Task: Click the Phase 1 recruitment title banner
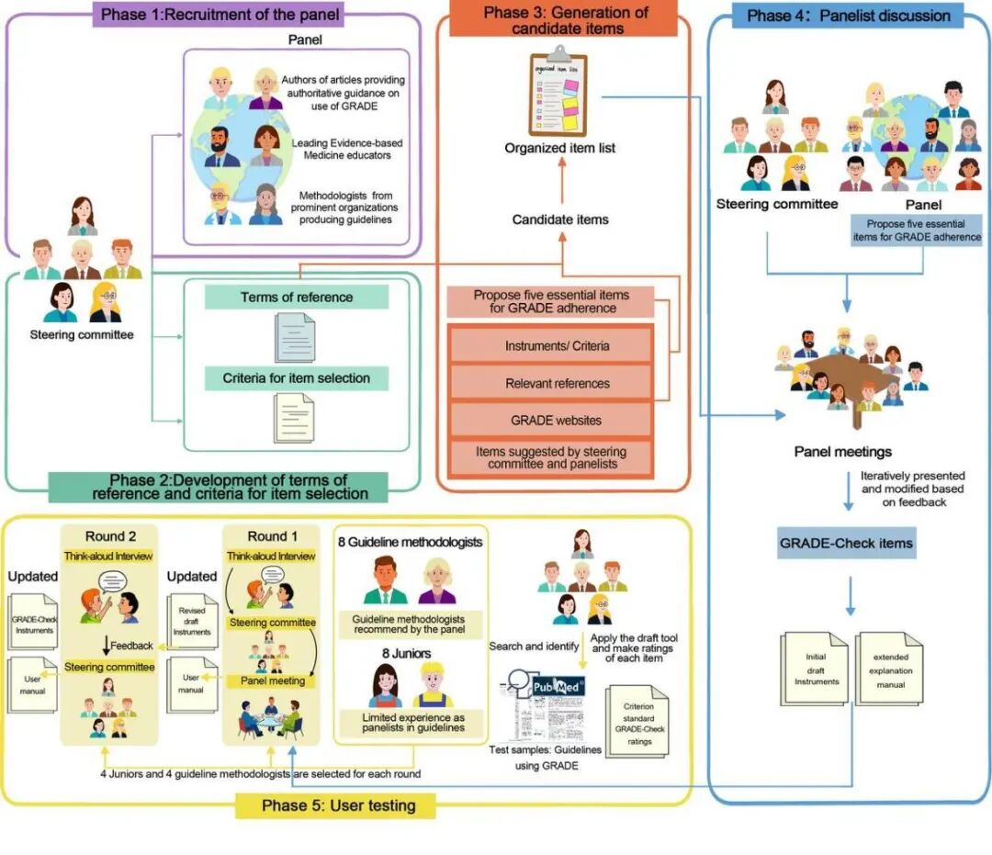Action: pos(220,15)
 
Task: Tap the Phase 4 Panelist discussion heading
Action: pos(848,16)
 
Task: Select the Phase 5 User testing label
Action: pos(338,805)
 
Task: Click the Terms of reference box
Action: pos(296,298)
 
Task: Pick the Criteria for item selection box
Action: pos(296,377)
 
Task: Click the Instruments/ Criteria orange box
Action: pos(557,346)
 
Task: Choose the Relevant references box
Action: pos(557,383)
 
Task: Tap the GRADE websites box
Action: pos(557,420)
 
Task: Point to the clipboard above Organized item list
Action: pos(558,96)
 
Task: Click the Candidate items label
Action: pos(560,219)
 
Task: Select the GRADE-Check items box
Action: pos(846,543)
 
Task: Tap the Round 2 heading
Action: pos(111,537)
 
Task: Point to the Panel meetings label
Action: pos(842,452)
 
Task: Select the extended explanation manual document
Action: pos(890,670)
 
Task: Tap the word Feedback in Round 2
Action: pos(131,646)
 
